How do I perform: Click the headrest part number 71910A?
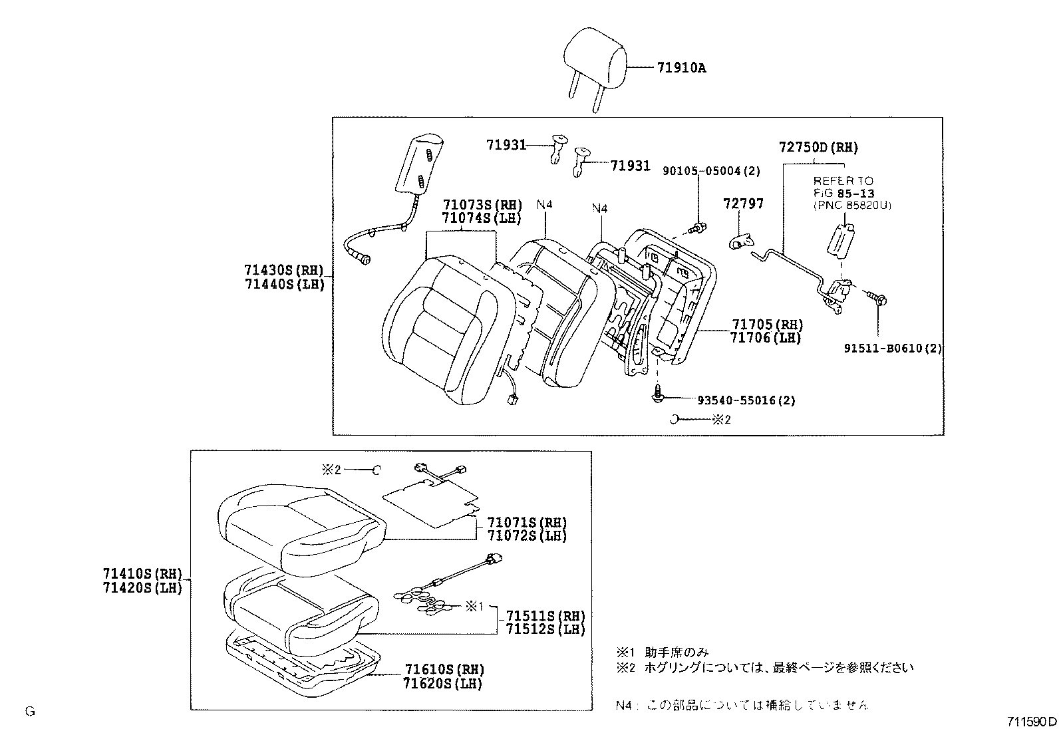point(681,67)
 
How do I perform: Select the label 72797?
point(743,204)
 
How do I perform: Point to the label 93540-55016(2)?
point(746,400)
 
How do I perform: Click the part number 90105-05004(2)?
point(710,171)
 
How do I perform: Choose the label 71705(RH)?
point(767,325)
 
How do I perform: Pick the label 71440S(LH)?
point(283,284)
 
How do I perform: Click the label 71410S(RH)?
point(142,574)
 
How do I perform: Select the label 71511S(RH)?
point(545,615)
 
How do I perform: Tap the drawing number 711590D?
point(1030,721)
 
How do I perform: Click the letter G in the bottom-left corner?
point(29,711)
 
